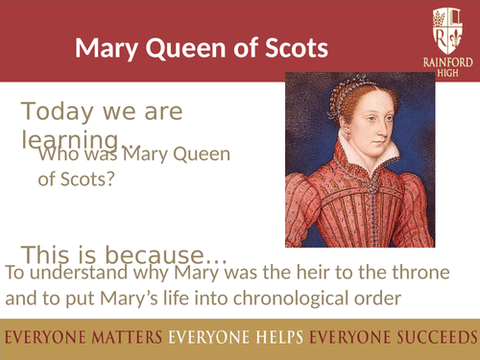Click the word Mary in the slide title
click(103, 48)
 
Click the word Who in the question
click(54, 156)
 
